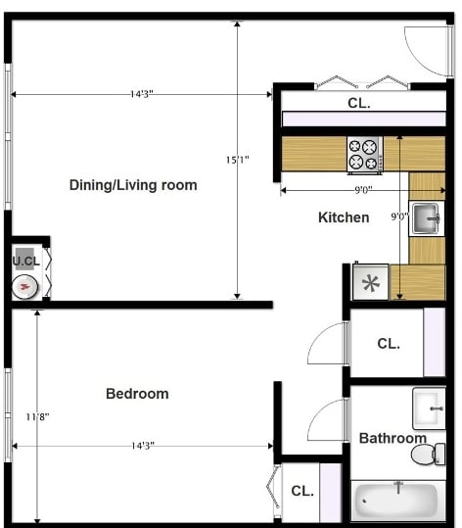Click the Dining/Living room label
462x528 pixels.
pyautogui.click(x=133, y=185)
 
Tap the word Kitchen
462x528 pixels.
pyautogui.click(x=344, y=217)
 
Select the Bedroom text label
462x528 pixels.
pyautogui.click(x=137, y=394)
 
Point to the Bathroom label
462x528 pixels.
pyautogui.click(x=393, y=438)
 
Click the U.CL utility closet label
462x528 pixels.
pyautogui.click(x=25, y=261)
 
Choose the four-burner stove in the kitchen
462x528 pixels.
pyautogui.click(x=364, y=155)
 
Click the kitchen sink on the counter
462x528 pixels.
pyautogui.click(x=426, y=217)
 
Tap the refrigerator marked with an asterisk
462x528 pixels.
pyautogui.click(x=371, y=282)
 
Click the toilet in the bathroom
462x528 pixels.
pyautogui.click(x=427, y=455)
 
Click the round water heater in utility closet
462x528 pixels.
pyautogui.click(x=26, y=286)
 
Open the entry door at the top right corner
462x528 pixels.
pyautogui.click(x=429, y=49)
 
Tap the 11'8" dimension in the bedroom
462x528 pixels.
pyautogui.click(x=37, y=416)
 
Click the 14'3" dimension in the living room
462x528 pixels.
pyautogui.click(x=141, y=94)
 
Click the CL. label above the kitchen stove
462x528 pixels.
pyautogui.click(x=358, y=103)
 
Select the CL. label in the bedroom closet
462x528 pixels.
pyautogui.click(x=301, y=491)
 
